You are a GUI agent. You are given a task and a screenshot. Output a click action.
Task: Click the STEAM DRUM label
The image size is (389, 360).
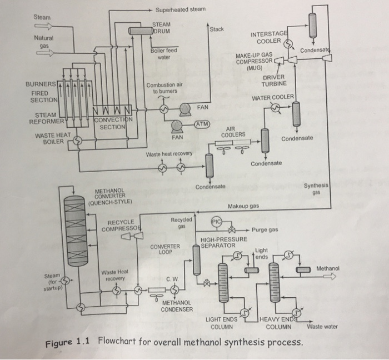pos(162,27)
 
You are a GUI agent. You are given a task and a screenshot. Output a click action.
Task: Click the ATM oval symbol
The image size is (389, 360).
pos(201,124)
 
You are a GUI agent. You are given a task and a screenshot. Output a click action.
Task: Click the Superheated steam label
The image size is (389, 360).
pos(181,9)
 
